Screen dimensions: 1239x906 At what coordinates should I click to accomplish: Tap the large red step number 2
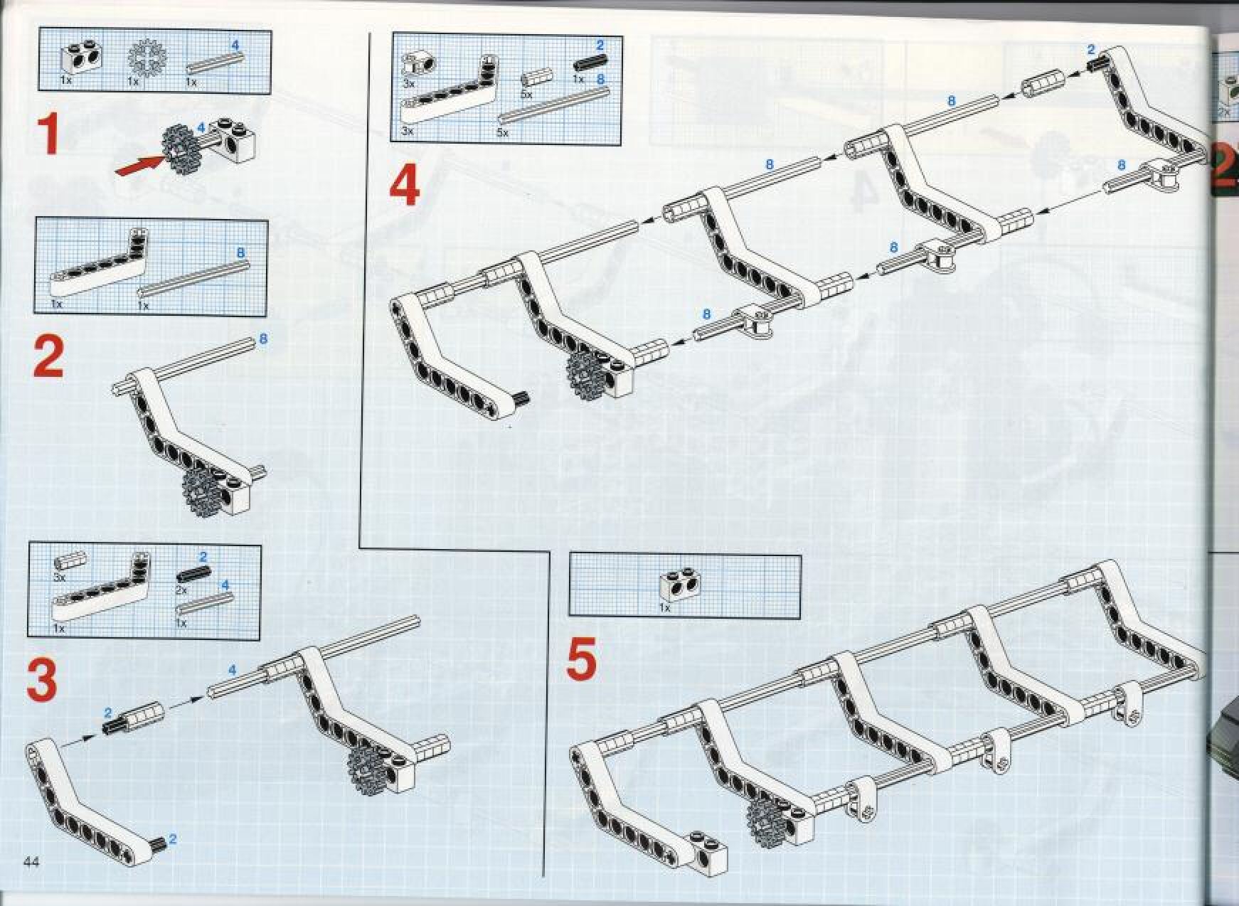(48, 357)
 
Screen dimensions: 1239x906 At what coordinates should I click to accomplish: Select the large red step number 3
(41, 678)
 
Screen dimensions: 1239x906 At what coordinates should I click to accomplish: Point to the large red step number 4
(404, 188)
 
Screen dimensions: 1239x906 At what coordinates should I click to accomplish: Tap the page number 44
(31, 862)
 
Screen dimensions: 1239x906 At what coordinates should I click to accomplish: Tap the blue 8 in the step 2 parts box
(240, 252)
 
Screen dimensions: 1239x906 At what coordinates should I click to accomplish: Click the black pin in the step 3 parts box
(191, 573)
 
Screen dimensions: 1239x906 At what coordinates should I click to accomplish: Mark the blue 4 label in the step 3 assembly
(232, 670)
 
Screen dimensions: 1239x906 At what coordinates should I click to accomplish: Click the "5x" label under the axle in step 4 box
(503, 133)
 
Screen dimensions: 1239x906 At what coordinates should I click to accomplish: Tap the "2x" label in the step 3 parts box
(181, 590)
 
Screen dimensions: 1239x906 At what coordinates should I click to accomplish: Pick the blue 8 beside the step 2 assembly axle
(263, 339)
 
